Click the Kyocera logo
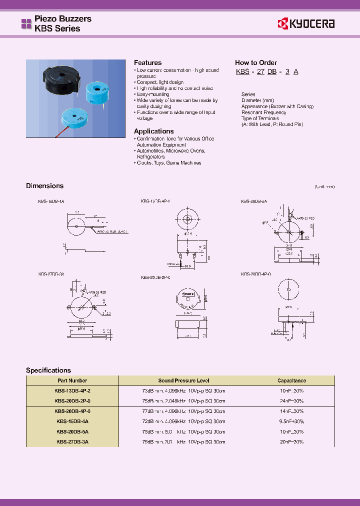[x=306, y=23]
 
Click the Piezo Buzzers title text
[x=62, y=18]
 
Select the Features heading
[x=147, y=62]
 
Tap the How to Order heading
[x=255, y=62]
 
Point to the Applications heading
[x=153, y=131]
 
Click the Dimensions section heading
[x=44, y=185]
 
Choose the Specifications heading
[x=48, y=370]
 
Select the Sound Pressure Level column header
[x=183, y=380]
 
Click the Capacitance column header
[x=291, y=380]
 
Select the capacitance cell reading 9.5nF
[x=291, y=421]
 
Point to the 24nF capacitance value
[x=291, y=400]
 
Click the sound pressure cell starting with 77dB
[x=183, y=411]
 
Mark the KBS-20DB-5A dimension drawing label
[x=254, y=200]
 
